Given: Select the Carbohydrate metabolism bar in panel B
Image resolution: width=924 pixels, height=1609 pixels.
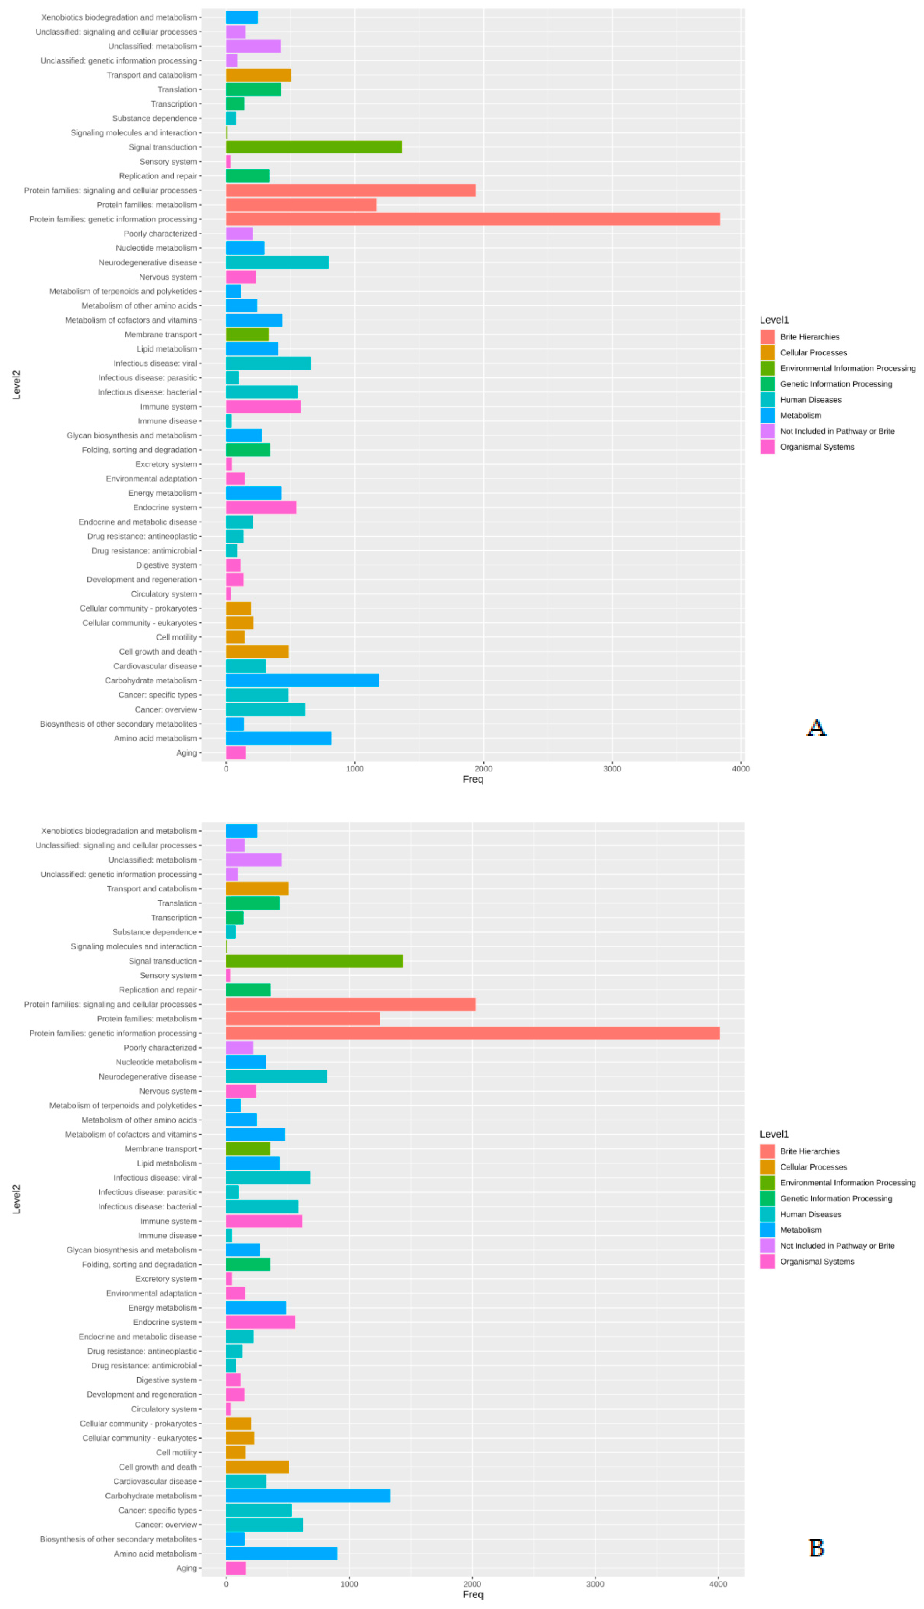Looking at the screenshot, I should tap(308, 1496).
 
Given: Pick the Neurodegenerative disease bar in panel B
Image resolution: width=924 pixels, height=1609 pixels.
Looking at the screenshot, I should tap(276, 1076).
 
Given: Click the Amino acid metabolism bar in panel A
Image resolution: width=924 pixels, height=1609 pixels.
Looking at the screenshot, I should tap(279, 738).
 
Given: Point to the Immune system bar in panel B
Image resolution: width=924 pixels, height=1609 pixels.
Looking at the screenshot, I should tap(264, 1221).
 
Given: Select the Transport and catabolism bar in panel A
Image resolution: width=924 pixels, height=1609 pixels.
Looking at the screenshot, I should tap(258, 75).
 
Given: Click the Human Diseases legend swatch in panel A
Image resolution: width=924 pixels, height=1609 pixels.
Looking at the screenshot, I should tap(767, 400).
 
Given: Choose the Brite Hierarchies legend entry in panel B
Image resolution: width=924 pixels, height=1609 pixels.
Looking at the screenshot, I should tap(809, 1151).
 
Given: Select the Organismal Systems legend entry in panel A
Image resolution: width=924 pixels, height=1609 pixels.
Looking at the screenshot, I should tap(817, 447).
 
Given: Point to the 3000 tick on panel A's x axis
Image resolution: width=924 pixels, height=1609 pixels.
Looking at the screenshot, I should tap(612, 769).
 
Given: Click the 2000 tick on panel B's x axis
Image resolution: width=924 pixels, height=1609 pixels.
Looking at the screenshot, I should tap(472, 1584).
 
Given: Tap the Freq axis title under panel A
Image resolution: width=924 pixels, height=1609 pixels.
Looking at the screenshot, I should tap(473, 779).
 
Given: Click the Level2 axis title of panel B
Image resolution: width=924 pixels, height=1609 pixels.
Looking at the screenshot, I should tap(16, 1199).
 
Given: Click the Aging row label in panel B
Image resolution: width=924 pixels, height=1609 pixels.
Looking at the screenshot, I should tap(187, 1568).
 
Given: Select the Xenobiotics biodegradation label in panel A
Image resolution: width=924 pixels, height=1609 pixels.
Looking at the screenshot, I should tap(119, 17).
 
